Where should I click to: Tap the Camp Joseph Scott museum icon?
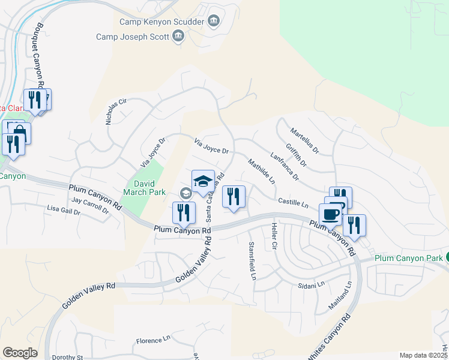click(x=178, y=37)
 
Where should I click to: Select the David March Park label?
click(x=139, y=188)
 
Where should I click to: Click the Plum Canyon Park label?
click(x=408, y=258)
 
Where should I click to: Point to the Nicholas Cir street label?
click(x=116, y=111)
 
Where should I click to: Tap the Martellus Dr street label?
click(x=304, y=139)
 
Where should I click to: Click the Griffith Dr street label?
click(x=296, y=155)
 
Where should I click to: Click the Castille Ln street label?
click(x=292, y=203)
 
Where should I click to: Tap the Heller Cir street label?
click(x=274, y=236)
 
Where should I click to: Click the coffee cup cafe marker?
click(x=330, y=214)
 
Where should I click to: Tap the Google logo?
click(x=20, y=353)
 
